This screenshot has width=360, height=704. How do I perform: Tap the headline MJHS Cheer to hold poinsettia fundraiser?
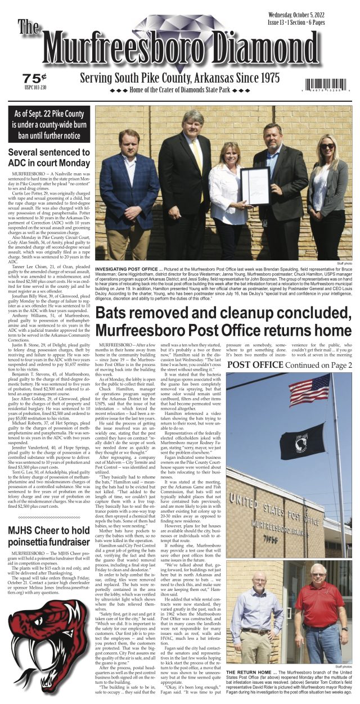48,536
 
